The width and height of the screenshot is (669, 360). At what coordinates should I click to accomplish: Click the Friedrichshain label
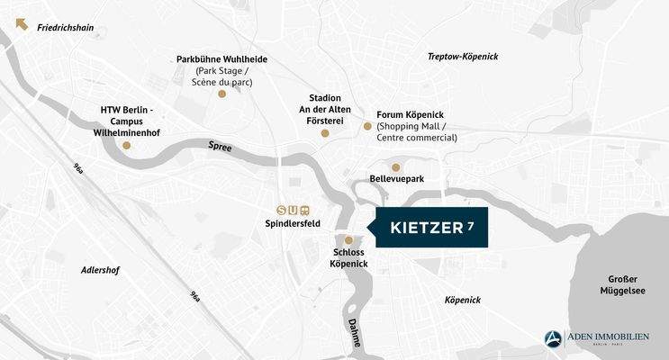[66, 28]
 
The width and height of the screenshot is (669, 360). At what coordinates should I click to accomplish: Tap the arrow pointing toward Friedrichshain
[23, 24]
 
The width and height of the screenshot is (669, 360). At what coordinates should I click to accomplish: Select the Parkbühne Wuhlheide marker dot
[222, 93]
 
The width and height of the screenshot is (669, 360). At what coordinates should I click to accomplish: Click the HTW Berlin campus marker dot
[127, 145]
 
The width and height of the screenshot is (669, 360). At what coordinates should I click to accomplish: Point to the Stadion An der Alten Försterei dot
[325, 133]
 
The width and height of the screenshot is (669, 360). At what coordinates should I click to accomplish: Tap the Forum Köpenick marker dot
[367, 126]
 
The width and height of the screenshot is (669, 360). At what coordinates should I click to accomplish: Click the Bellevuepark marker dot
[395, 167]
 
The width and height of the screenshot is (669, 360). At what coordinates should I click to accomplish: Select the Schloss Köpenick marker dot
[348, 240]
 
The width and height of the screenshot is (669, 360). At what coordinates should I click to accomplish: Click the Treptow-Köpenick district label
[462, 57]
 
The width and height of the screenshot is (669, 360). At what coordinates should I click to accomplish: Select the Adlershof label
[100, 269]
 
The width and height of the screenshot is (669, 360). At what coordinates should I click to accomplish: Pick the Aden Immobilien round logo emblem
[554, 339]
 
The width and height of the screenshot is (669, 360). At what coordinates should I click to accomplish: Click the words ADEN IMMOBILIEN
[608, 337]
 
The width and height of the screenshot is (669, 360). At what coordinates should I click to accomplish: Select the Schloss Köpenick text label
[349, 259]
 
